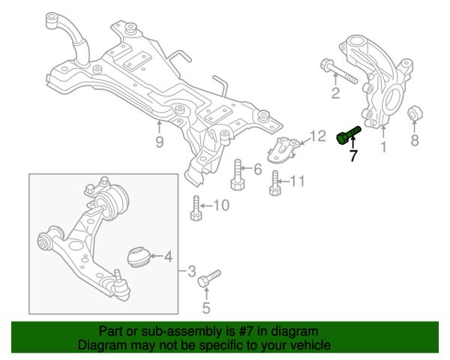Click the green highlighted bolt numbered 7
348,136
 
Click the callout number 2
335,93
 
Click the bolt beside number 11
275,182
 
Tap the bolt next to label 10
196,208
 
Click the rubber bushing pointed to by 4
137,256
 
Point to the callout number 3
191,270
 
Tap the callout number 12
318,136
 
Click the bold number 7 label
352,157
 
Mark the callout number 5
205,306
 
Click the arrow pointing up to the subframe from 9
159,124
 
